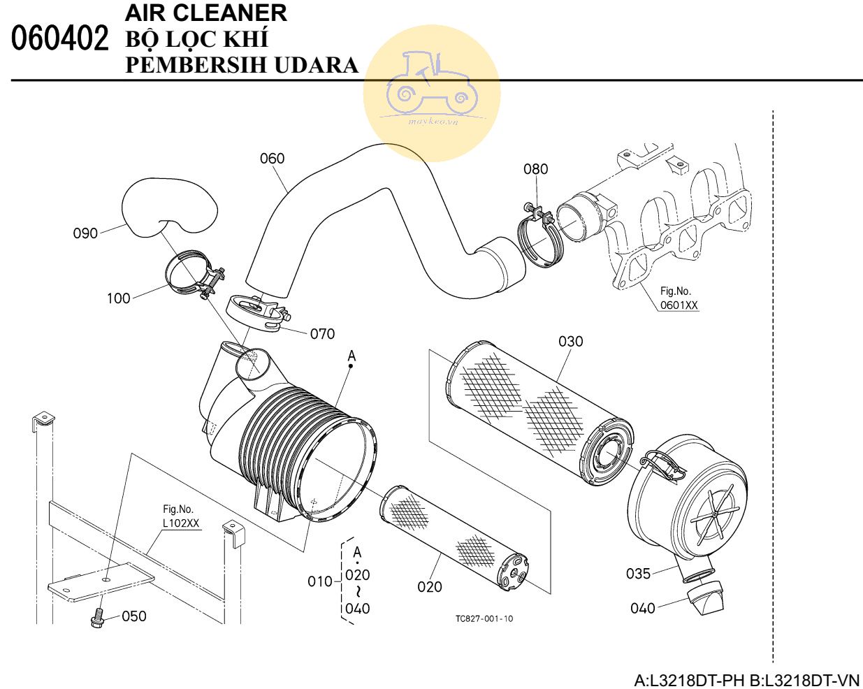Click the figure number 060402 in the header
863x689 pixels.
coord(61,39)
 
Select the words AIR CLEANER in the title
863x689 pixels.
coord(205,13)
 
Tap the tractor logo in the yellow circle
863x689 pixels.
coord(431,84)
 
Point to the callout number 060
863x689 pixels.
coord(272,159)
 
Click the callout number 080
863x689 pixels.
coord(535,169)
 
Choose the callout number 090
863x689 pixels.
coord(85,233)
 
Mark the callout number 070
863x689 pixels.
coord(322,334)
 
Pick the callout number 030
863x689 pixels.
coord(570,341)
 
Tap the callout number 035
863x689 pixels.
coord(637,574)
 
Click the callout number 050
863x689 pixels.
coord(134,616)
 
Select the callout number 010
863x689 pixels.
coord(320,581)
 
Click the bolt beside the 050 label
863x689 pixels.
coord(97,617)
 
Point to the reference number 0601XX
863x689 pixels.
coord(679,305)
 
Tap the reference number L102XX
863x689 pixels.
coord(180,523)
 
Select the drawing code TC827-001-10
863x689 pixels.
coord(484,619)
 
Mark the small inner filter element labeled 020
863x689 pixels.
coord(454,535)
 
